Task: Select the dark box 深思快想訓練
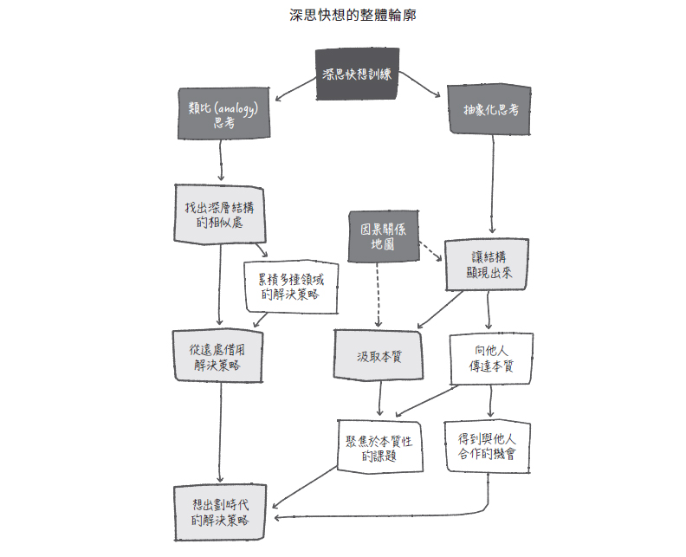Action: point(357,75)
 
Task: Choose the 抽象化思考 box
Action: point(491,111)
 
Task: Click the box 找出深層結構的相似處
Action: point(220,215)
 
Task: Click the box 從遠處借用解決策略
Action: point(217,356)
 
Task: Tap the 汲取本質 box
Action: point(379,356)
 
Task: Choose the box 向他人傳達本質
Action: point(491,358)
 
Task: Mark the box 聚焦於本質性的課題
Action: point(379,447)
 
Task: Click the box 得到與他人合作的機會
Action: point(487,445)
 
